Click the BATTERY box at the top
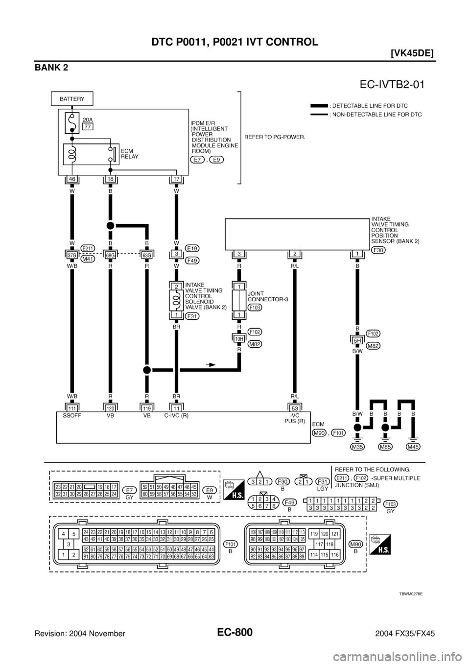point(72,98)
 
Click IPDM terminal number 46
point(72,180)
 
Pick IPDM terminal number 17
point(176,180)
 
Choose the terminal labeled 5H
point(357,339)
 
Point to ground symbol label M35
point(357,446)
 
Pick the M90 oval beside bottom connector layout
point(355,544)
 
